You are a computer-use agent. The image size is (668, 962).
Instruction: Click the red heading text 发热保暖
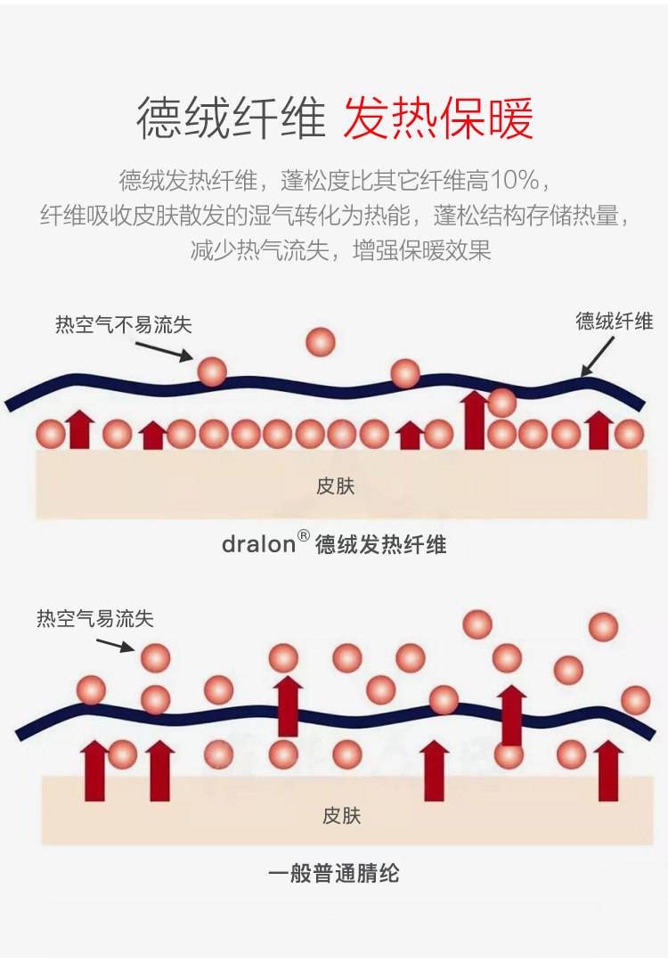438,118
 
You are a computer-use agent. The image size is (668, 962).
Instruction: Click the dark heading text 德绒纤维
231,118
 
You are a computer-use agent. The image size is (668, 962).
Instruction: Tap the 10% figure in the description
514,181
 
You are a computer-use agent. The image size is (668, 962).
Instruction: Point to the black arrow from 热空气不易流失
165,351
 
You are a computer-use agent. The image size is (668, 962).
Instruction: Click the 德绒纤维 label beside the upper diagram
615,322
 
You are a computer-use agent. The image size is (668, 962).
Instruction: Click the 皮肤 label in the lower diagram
341,815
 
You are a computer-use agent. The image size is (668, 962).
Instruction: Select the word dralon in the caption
258,544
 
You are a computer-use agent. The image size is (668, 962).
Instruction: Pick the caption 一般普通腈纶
334,873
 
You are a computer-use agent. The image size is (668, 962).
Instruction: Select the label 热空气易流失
95,618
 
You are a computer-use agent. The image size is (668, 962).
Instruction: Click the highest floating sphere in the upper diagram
321,342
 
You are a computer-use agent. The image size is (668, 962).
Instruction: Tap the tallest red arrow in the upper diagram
474,420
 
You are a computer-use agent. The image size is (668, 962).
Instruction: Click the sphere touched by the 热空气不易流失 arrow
212,371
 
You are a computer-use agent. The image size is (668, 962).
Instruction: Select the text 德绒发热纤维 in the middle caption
381,544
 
